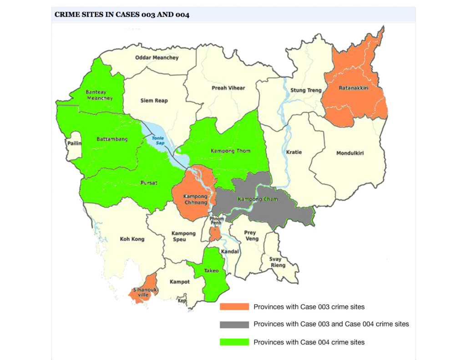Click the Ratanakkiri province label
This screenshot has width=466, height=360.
(354, 88)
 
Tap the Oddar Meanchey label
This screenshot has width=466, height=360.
(157, 58)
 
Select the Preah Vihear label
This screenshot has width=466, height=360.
(228, 88)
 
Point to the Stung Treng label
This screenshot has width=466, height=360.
(306, 90)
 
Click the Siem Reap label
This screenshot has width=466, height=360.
(154, 101)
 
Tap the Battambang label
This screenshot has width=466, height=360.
(112, 139)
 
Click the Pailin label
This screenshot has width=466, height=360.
(74, 143)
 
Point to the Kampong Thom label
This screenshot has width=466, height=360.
(230, 151)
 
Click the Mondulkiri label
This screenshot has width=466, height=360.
(350, 153)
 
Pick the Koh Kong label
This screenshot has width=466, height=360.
(132, 239)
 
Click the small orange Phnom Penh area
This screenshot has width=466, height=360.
(214, 234)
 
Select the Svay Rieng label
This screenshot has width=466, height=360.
(278, 262)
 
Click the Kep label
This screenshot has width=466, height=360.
(182, 301)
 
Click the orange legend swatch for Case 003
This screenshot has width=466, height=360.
(234, 307)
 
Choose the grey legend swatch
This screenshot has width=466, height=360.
(234, 325)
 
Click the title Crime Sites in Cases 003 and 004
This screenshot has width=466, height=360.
(122, 15)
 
